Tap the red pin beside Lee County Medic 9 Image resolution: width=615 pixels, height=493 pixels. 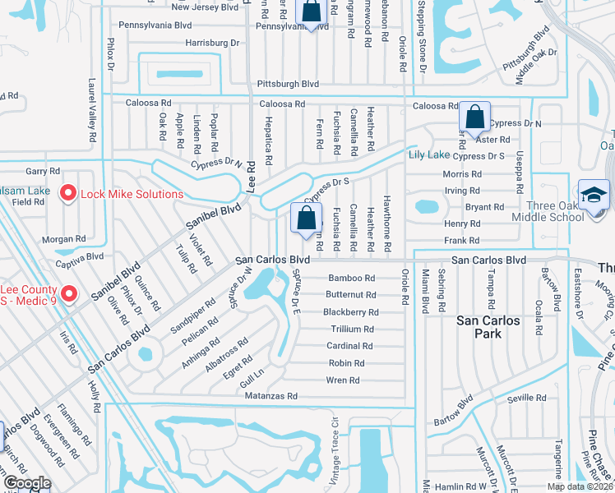[x=69, y=293]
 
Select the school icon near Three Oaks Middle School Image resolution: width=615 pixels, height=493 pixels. [x=592, y=196]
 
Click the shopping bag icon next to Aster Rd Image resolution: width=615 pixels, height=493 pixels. [x=475, y=117]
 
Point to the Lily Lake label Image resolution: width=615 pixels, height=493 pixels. [x=429, y=154]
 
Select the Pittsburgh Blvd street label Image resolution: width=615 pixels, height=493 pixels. [x=288, y=84]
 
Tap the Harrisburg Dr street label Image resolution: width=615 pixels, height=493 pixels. [x=212, y=42]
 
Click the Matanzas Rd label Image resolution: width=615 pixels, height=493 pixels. [x=271, y=396]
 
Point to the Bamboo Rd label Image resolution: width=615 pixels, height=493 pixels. [x=352, y=278]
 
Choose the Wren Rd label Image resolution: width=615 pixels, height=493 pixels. [x=343, y=380]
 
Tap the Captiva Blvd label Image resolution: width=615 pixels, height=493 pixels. [x=80, y=256]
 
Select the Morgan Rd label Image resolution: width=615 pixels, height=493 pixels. [x=70, y=239]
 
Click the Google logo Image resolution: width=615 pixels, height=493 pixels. [x=27, y=482]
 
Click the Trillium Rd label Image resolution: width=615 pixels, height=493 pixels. [x=353, y=329]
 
